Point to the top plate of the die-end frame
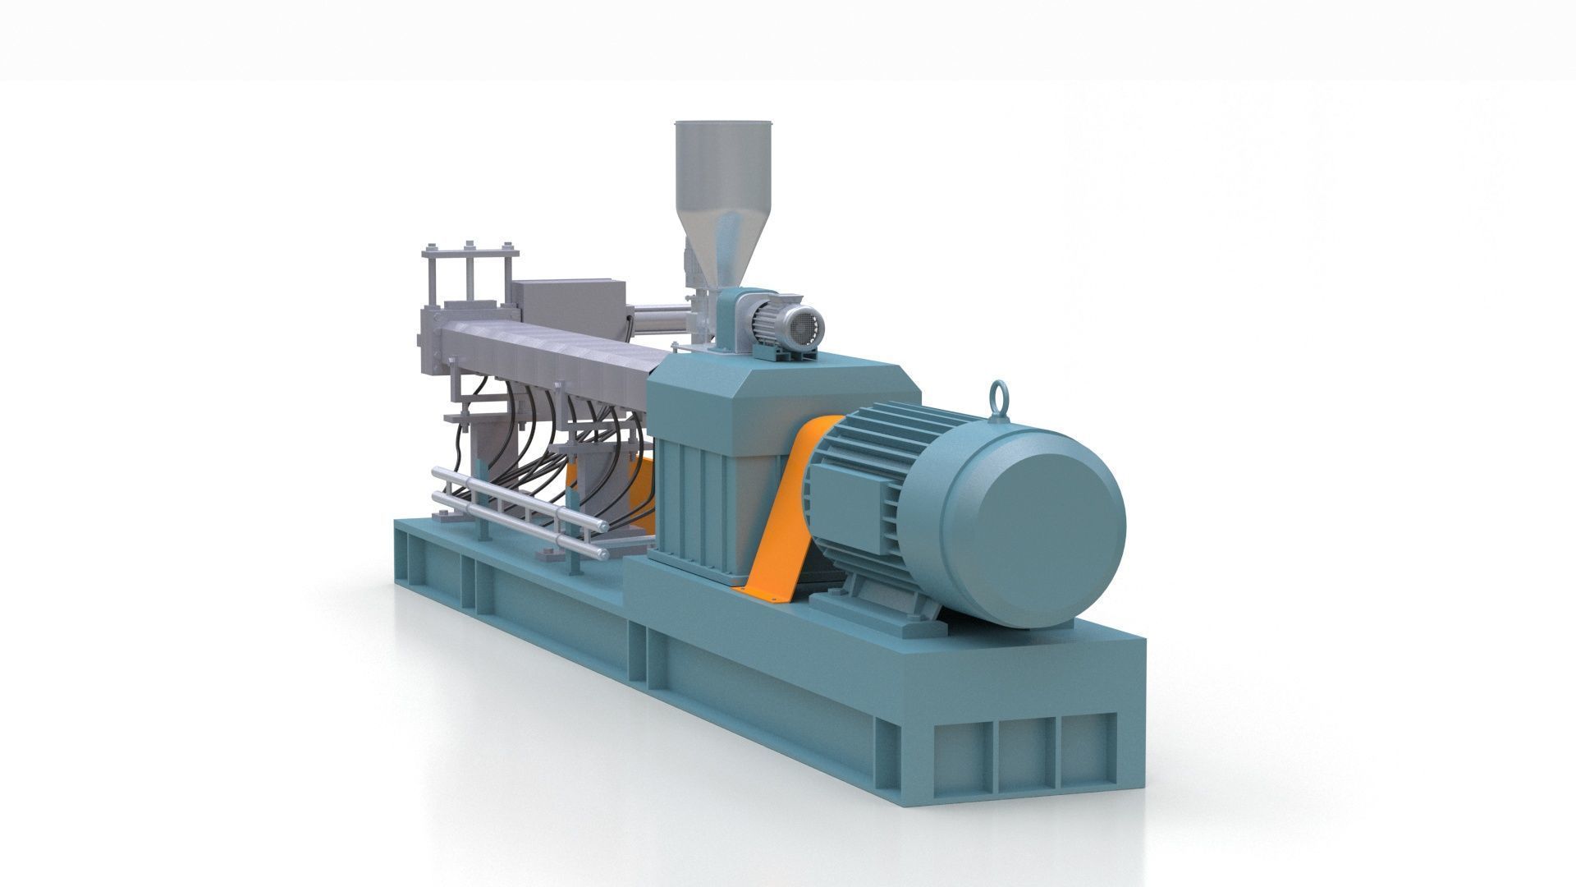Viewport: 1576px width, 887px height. coord(470,249)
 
